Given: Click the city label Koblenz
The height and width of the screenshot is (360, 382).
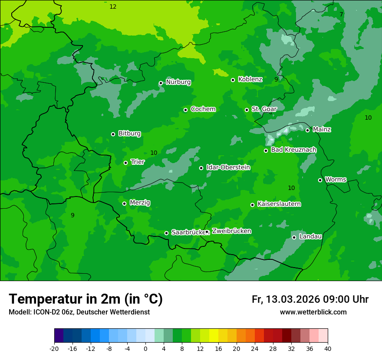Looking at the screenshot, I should pos(250,79).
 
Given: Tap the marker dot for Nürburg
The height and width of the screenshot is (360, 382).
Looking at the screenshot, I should pos(161,83).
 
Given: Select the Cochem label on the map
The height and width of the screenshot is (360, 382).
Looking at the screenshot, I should pos(203,109).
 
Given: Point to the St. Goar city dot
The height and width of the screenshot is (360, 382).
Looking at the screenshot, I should pos(247,110).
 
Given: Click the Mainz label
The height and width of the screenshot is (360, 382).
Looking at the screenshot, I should pos(322,130).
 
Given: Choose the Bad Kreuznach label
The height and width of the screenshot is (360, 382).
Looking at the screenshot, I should pos(293,150).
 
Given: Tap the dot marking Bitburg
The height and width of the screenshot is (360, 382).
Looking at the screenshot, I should pos(113,134).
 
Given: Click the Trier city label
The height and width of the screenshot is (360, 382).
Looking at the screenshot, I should pos(137,162).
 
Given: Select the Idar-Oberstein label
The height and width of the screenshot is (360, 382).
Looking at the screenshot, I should pos(228,167).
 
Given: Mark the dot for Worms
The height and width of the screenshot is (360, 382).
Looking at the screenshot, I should pos(320,180).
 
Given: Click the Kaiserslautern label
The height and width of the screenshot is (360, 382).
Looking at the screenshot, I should pos(279,204).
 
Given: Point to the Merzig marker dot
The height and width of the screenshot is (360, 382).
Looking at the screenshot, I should pos(124,203).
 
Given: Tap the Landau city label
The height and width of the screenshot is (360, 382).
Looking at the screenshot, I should pos(310,237).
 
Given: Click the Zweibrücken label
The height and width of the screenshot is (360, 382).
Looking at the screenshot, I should pos(231,231).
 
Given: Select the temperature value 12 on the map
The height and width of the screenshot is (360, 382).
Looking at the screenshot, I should pos(113,7).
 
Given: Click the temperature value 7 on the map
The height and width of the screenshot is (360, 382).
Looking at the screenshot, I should pos(341,14).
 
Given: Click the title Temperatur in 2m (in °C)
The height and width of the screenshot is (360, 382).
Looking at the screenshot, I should pos(86,299).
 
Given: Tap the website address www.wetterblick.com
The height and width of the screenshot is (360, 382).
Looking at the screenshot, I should pos(313,312).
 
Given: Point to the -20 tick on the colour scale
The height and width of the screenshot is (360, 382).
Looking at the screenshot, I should pos(54,348).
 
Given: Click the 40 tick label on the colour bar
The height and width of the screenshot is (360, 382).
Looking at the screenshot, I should pos(328,348).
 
